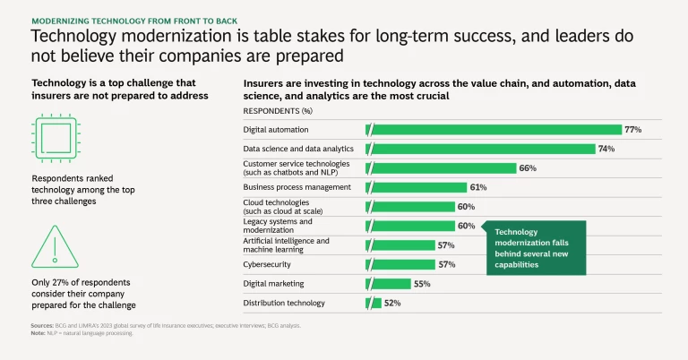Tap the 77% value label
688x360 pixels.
pyautogui.click(x=633, y=130)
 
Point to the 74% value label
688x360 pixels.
pyautogui.click(x=606, y=149)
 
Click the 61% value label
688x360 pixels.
pyautogui.click(x=478, y=187)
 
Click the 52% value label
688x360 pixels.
pyautogui.click(x=392, y=304)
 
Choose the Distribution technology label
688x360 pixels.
pyautogui.click(x=284, y=304)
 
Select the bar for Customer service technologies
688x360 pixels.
pyautogui.click(x=443, y=168)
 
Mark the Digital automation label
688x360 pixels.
pyautogui.click(x=277, y=130)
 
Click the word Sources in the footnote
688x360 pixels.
pyautogui.click(x=42, y=325)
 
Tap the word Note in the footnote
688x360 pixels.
pyautogui.click(x=38, y=332)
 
